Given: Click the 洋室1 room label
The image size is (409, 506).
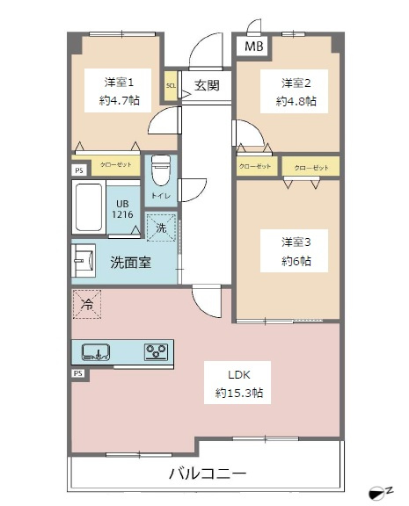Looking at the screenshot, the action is [119, 83].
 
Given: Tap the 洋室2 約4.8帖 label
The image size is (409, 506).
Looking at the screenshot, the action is [296, 92].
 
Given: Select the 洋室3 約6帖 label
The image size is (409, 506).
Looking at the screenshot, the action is [296, 251].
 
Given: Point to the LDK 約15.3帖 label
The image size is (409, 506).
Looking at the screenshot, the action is [238, 384].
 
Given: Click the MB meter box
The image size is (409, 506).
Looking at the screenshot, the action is [254, 47].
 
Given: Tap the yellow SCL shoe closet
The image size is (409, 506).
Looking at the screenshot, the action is [171, 86].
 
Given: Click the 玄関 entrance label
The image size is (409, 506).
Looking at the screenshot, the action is [207, 85].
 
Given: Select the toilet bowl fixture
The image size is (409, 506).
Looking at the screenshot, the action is [161, 170].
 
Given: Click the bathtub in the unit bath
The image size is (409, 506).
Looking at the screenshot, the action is [89, 207].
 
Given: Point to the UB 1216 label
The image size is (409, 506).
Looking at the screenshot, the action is [122, 209].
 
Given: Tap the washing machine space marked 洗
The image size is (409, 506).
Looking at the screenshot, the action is [161, 228].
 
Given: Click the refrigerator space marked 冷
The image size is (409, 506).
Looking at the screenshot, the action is [87, 304].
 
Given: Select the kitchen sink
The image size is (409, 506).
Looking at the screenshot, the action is [96, 352].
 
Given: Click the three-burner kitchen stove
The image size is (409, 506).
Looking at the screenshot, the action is [156, 351].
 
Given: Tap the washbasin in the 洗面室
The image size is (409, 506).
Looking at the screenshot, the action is [84, 261].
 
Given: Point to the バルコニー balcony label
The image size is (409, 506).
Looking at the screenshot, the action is [208, 473].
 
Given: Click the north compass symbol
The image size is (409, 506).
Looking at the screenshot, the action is [381, 494].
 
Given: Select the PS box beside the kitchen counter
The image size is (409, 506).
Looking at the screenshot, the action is [78, 373].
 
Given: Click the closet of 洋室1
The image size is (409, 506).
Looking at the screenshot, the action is [115, 165].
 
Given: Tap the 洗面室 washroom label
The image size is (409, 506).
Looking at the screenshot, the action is [130, 263].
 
